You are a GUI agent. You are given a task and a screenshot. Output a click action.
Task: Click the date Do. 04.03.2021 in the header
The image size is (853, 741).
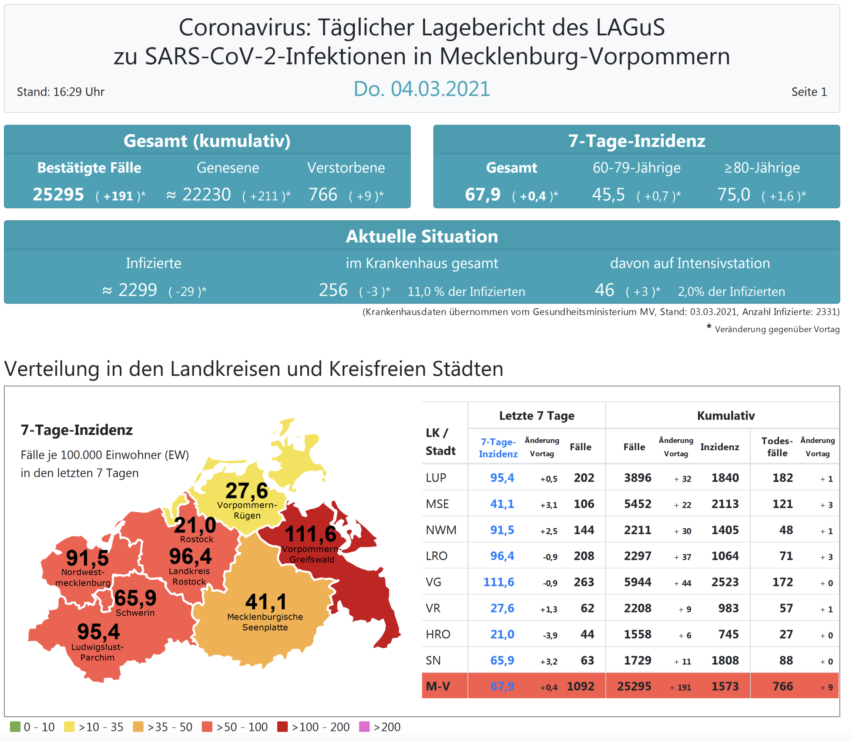click(x=421, y=89)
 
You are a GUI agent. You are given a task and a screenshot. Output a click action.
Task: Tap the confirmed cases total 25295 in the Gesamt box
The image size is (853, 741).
click(x=58, y=195)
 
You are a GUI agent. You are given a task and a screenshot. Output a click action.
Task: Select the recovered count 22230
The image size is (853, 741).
click(x=206, y=195)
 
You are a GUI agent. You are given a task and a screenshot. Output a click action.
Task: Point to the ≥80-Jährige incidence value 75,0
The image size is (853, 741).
click(x=733, y=195)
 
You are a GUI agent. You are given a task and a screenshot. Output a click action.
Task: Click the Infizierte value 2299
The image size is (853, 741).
click(x=138, y=290)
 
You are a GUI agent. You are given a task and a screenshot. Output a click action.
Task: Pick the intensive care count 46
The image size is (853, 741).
click(x=604, y=290)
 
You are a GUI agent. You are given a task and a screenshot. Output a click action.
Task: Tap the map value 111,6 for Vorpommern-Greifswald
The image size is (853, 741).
click(x=310, y=534)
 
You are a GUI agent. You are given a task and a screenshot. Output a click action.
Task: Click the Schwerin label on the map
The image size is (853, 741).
click(x=135, y=613)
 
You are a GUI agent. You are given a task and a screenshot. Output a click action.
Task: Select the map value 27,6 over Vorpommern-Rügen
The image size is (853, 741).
click(x=246, y=491)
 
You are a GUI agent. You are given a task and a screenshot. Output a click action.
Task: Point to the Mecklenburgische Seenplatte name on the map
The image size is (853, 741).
click(x=265, y=622)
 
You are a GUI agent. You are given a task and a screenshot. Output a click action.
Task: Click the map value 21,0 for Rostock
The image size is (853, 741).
click(x=195, y=525)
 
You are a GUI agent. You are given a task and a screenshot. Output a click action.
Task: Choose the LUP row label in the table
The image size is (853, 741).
click(x=436, y=478)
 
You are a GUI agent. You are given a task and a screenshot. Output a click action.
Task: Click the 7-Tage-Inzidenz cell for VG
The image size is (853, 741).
click(x=499, y=582)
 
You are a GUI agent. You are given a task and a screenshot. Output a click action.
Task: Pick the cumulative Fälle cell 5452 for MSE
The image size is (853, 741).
click(x=638, y=504)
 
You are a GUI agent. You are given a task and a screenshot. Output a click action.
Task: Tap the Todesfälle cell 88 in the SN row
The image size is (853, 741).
click(x=786, y=660)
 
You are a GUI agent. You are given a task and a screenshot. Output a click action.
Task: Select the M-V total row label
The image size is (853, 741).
click(x=438, y=687)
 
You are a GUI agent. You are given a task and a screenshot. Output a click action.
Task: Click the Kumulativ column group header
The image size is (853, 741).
click(x=725, y=416)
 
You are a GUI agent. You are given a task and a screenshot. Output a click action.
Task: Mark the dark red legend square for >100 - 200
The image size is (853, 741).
click(x=282, y=727)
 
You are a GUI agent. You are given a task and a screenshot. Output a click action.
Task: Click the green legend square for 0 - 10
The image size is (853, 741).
click(x=15, y=727)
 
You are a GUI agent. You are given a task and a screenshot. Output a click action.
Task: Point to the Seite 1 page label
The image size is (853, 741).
click(x=809, y=92)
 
